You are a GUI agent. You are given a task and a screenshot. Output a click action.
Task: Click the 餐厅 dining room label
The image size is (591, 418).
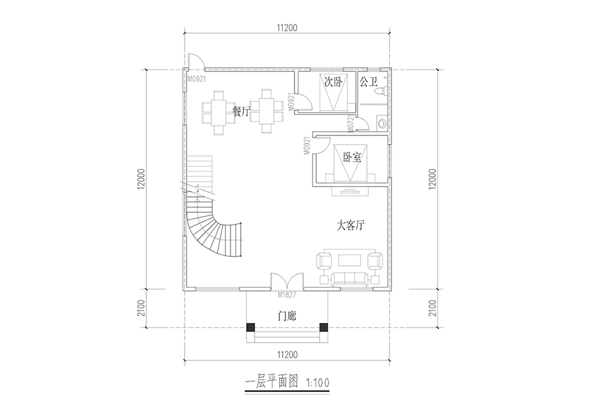click(x=242, y=111)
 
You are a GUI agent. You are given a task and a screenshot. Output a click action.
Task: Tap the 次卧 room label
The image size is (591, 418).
click(x=333, y=81)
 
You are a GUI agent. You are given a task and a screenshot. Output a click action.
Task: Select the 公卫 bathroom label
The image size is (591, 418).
click(x=369, y=81)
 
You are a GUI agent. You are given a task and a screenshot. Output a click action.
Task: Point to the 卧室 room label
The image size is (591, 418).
click(x=352, y=158)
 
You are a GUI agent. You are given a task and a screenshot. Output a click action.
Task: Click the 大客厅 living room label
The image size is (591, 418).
click(x=350, y=226)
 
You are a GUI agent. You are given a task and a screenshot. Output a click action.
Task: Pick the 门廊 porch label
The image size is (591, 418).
click(x=287, y=316)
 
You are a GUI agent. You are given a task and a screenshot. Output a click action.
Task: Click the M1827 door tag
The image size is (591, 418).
click(x=287, y=295)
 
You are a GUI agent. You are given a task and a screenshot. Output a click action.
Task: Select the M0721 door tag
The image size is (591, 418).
click(x=350, y=123)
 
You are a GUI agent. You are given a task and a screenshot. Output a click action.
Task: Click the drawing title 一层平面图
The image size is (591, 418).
click(x=272, y=382)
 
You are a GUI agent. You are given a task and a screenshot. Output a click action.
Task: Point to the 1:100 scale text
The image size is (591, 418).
click(x=318, y=383)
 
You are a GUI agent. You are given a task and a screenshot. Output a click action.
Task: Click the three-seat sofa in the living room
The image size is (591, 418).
click(x=350, y=279)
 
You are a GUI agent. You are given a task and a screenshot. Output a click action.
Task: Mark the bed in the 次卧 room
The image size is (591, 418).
click(x=333, y=92)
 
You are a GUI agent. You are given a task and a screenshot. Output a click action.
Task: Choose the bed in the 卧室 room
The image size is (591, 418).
click(x=350, y=163)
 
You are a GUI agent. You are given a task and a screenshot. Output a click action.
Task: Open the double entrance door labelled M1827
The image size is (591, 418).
click(x=287, y=281)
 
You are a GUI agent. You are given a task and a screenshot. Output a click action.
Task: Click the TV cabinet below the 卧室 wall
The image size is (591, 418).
click(x=350, y=192)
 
